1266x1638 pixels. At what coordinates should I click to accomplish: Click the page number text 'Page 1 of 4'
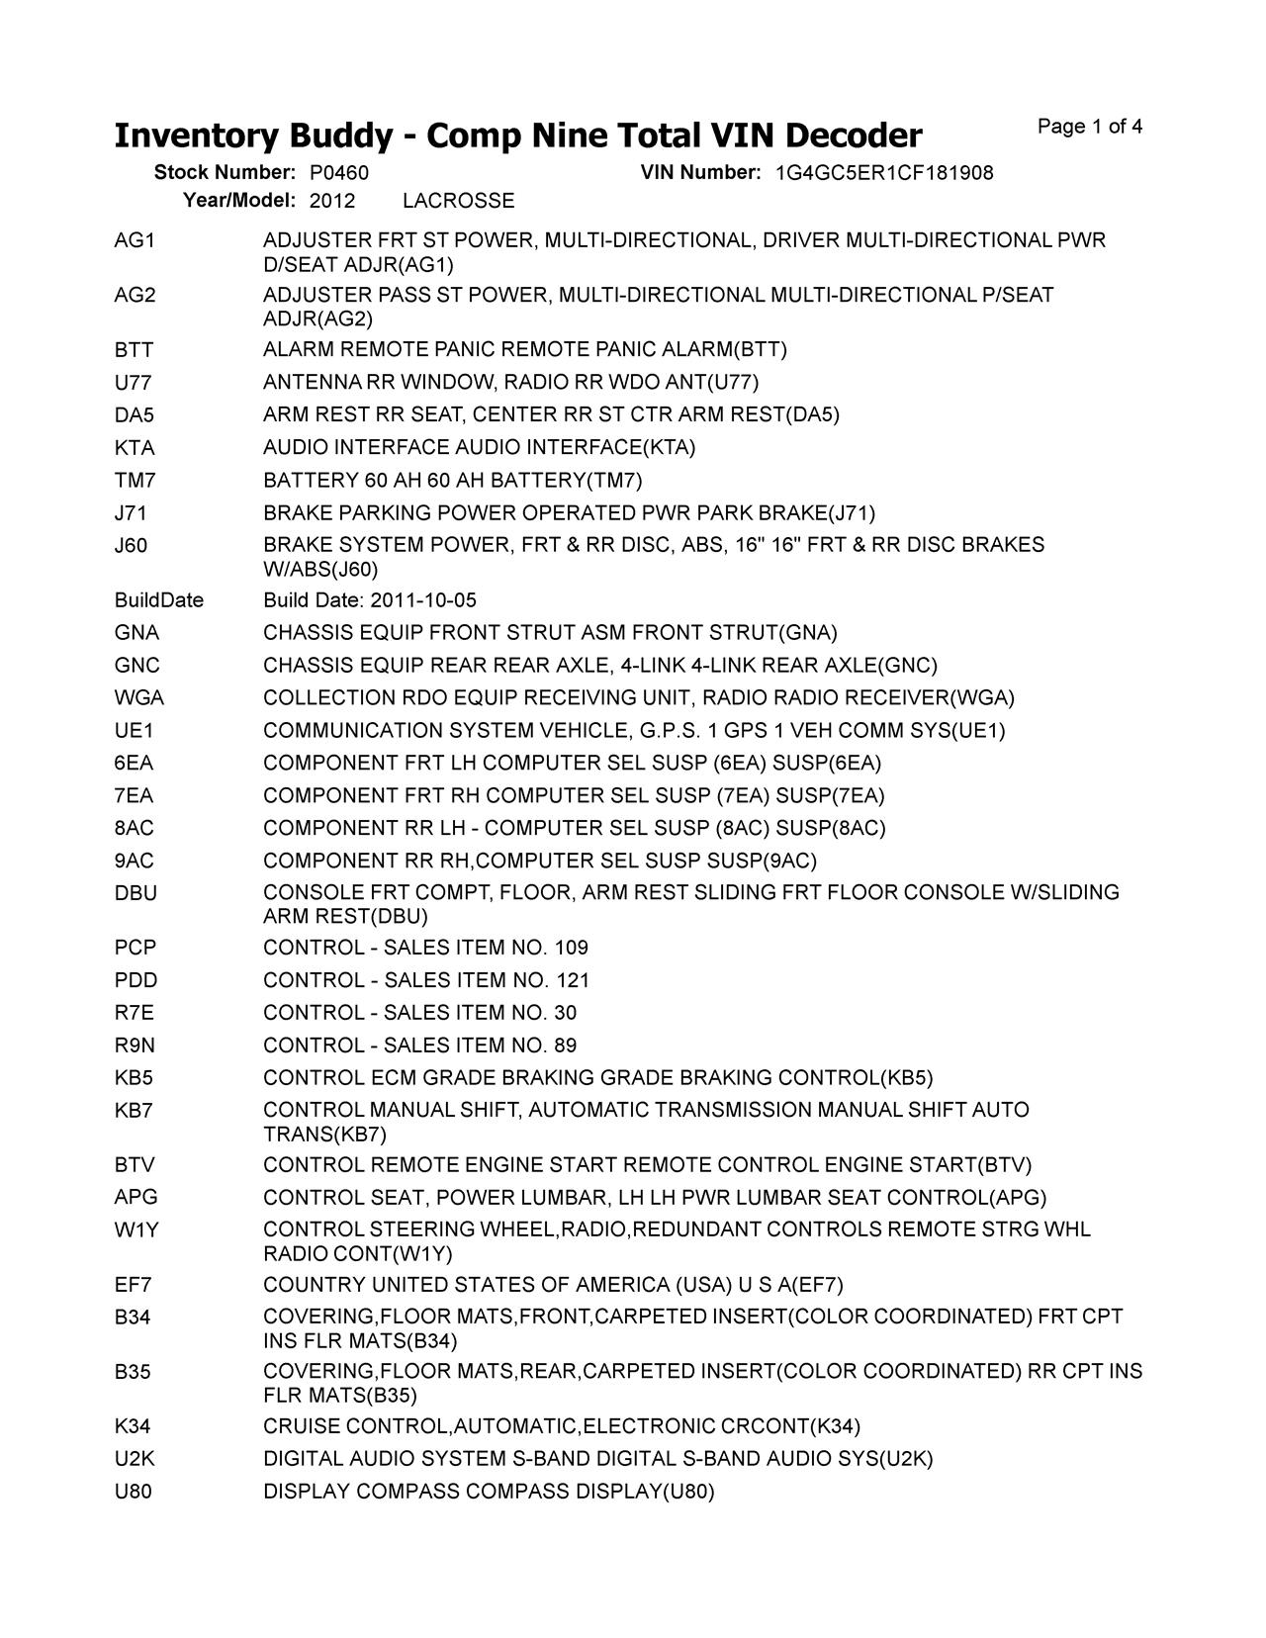point(1090,127)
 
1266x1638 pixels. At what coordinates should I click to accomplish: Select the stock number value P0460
point(338,173)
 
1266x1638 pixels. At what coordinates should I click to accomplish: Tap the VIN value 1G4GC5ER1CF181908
point(884,173)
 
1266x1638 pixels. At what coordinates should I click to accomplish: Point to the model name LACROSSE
point(459,201)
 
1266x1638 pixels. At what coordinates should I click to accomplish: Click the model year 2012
point(331,201)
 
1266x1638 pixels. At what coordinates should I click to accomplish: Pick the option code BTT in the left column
point(134,350)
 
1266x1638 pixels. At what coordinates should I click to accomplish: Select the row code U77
point(133,383)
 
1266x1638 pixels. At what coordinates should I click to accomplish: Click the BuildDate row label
point(158,600)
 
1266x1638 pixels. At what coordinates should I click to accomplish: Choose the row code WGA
point(138,698)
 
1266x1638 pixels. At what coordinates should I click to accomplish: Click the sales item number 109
point(571,948)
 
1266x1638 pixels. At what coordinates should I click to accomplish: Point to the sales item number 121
point(572,980)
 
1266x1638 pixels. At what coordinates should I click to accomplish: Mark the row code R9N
point(135,1046)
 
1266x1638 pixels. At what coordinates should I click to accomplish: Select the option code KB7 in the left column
point(134,1110)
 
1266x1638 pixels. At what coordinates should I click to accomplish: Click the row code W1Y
point(136,1229)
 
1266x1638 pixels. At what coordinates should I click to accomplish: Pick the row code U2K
point(135,1459)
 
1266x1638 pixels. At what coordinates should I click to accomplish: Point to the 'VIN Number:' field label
point(700,173)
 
